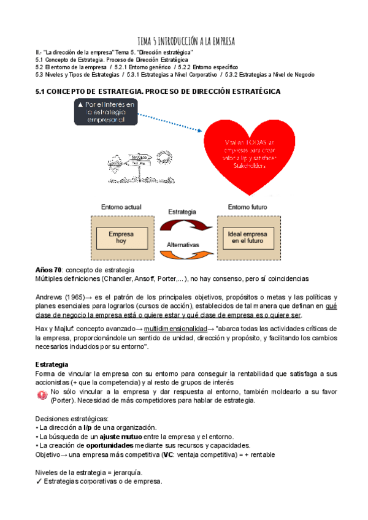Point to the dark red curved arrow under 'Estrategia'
(184, 224)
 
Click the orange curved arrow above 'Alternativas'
(184, 248)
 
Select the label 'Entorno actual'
(115, 207)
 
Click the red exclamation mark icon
(42, 396)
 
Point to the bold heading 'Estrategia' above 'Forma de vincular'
(53, 364)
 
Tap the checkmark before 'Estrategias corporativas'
(39, 481)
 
